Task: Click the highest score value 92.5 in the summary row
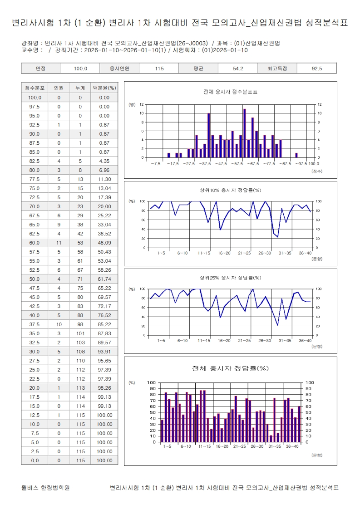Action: point(316,69)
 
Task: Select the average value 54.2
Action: point(238,69)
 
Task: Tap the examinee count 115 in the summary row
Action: point(159,69)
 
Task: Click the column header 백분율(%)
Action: point(104,88)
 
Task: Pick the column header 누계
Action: point(80,88)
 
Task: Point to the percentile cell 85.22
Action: point(104,324)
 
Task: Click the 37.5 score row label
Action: point(35,324)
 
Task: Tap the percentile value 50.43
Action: point(104,252)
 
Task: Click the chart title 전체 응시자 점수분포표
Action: point(231,92)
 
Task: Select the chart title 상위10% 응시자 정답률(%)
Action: point(231,190)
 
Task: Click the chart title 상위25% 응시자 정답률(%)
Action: point(231,278)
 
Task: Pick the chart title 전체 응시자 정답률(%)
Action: point(231,368)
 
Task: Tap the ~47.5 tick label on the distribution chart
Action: point(221,163)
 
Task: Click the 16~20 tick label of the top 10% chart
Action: point(224,253)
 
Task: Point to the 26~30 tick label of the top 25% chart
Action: point(265,340)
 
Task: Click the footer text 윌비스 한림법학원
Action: point(45,488)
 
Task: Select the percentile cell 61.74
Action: point(104,279)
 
